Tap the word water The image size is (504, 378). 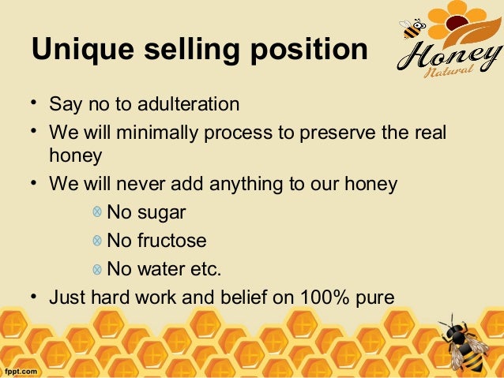[161, 268]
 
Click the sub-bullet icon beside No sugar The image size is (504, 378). [96, 213]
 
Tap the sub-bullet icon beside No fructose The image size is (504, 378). [96, 240]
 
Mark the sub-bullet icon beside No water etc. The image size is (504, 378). [96, 268]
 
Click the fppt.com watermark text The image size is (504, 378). [22, 369]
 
